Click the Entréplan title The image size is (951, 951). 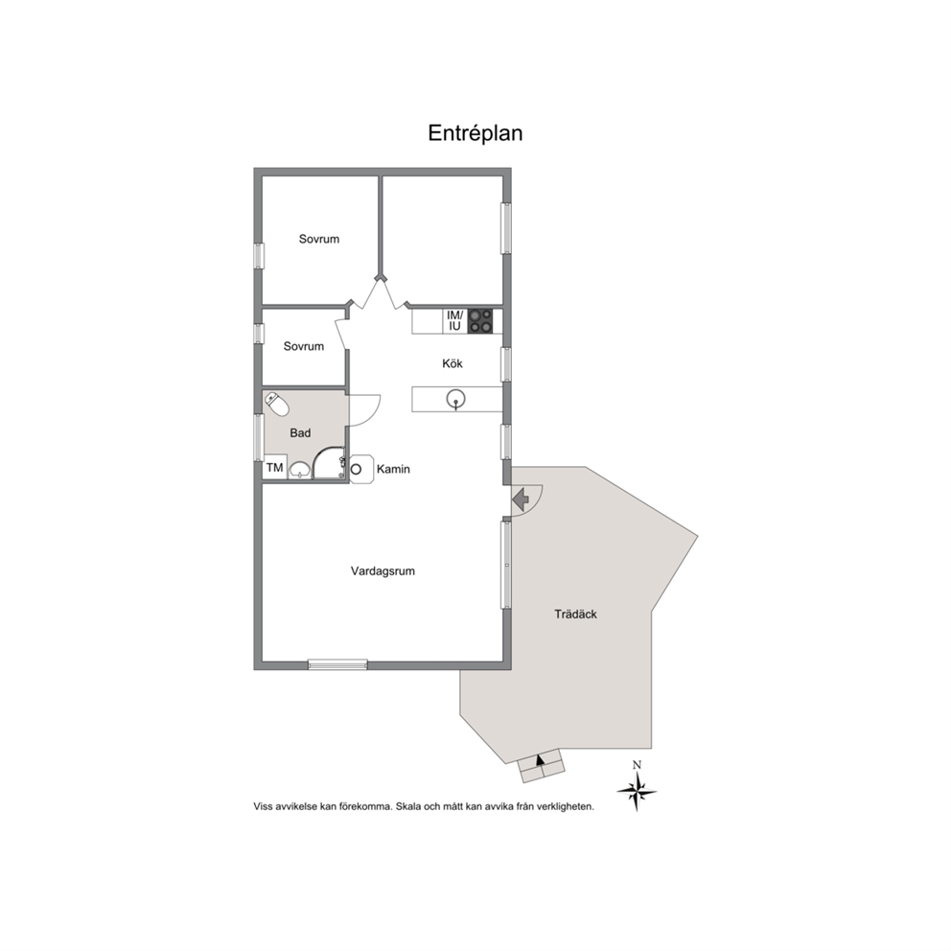(475, 133)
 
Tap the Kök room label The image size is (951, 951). (452, 363)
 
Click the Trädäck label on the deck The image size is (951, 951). (575, 614)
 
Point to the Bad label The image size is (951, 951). (300, 433)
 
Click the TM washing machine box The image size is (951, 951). (275, 468)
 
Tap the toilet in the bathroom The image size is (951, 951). (277, 405)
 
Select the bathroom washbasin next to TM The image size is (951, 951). (300, 470)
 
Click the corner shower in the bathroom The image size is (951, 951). (329, 464)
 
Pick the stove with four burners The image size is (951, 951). (480, 321)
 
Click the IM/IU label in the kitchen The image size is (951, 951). (454, 321)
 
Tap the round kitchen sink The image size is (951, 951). (455, 399)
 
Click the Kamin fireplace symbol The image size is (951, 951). (361, 469)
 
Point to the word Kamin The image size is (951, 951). (393, 469)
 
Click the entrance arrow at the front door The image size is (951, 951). (521, 499)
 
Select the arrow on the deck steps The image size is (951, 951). (541, 760)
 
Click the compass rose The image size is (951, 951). (637, 790)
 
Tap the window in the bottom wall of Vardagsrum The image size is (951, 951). (337, 664)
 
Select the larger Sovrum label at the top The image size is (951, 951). (319, 239)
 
